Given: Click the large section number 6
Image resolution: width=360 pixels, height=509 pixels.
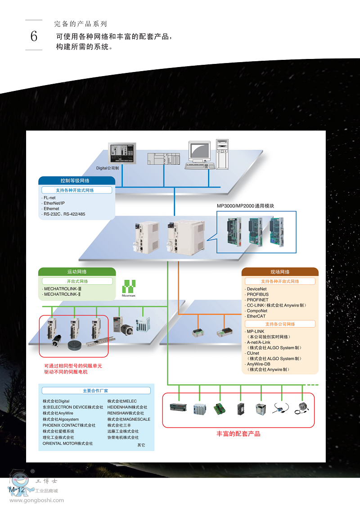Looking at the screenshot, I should tap(34, 36).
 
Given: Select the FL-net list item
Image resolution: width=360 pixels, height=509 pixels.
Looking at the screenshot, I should tap(49, 198).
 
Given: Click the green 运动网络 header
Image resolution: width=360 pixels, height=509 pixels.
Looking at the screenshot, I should tap(77, 272).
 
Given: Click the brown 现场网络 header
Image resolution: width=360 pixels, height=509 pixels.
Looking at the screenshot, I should tap(280, 272).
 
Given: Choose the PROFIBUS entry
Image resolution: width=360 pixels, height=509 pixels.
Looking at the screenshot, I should tap(258, 294).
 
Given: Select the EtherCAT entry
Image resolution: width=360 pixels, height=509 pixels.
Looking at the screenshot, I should tap(256, 316).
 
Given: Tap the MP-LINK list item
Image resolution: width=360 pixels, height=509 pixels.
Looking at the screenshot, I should tap(256, 331).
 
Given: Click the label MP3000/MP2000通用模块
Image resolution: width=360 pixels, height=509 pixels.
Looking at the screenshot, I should tap(245, 206).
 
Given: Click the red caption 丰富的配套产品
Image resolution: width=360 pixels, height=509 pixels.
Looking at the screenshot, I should tap(238, 434).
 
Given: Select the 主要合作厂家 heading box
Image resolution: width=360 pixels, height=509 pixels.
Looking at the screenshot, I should tap(96, 391).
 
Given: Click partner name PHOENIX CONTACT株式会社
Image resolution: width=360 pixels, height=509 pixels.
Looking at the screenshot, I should tap(69, 425).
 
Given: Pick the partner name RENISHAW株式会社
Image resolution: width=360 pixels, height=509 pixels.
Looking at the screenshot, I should tap(126, 413).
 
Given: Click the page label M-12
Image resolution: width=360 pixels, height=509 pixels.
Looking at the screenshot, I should tap(17, 489).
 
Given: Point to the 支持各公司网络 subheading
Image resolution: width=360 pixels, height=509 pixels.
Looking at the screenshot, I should tap(280, 324).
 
